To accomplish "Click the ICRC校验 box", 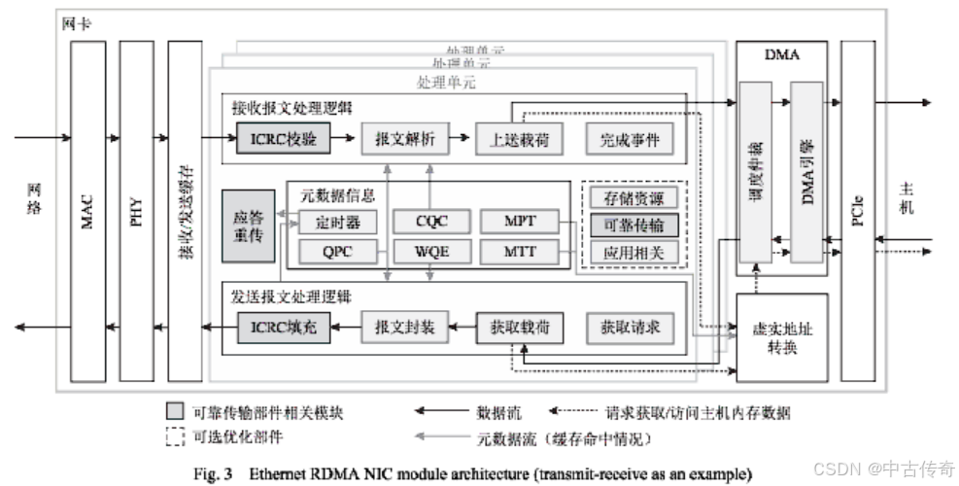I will coord(284,140).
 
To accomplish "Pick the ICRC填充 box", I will coord(284,328).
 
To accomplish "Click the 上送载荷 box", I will coord(513,140).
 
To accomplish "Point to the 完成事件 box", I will coord(629,140).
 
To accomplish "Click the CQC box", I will coord(431,223).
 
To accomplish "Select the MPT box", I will coord(521,223).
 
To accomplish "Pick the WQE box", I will coord(431,253).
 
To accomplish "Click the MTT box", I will coord(521,253).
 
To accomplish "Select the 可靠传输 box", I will coord(633,226).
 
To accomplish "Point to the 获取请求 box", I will coord(629,328).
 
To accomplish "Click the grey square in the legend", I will coord(175,413).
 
